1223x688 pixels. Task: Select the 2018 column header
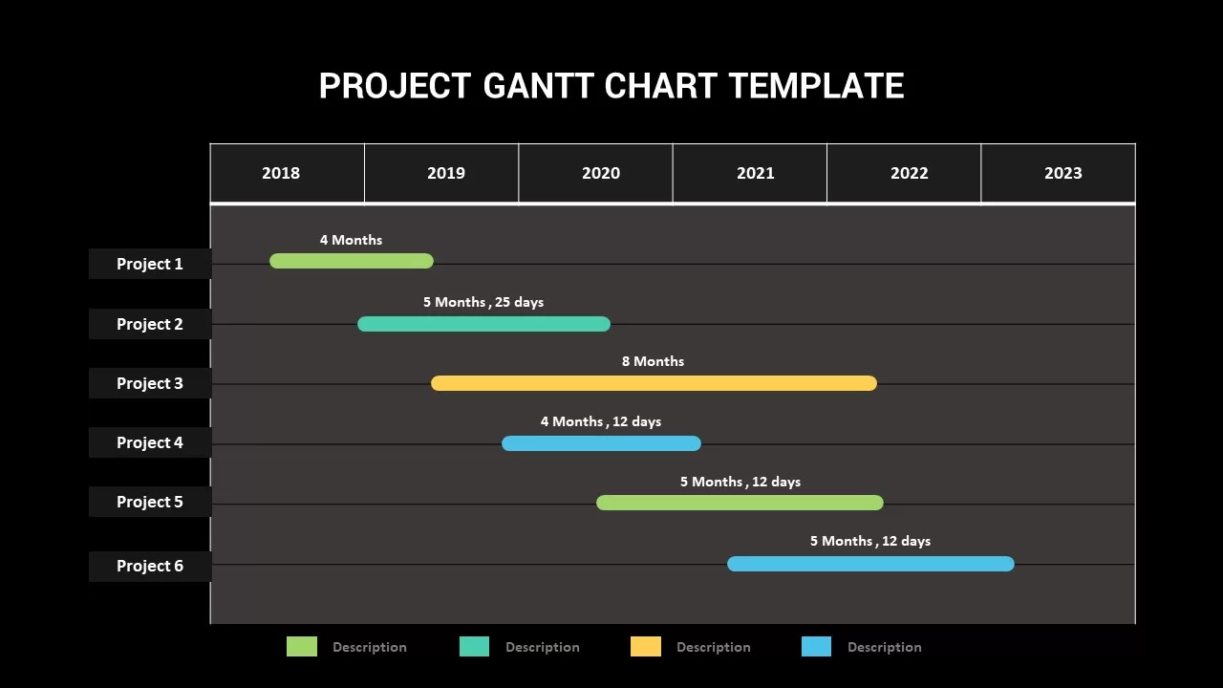coord(281,173)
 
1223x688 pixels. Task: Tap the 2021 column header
coord(755,173)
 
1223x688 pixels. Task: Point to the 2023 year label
coord(1062,173)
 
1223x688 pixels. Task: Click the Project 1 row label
coord(150,264)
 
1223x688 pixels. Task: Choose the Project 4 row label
coord(150,442)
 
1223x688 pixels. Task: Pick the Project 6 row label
coord(150,566)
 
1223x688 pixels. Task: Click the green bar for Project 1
coord(352,261)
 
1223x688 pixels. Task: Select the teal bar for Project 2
coord(483,324)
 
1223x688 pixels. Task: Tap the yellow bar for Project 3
coord(654,383)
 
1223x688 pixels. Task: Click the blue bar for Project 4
coord(601,443)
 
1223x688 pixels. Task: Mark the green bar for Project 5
coord(740,503)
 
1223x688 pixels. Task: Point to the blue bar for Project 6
coord(870,564)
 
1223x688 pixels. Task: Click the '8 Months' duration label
coord(653,361)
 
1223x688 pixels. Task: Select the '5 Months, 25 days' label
coord(483,302)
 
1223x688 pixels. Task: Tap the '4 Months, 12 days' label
coord(601,421)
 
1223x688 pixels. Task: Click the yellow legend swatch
coord(646,647)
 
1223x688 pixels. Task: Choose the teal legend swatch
coord(474,647)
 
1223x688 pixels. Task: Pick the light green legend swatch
coord(302,647)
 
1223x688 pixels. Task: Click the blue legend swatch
coord(817,647)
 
